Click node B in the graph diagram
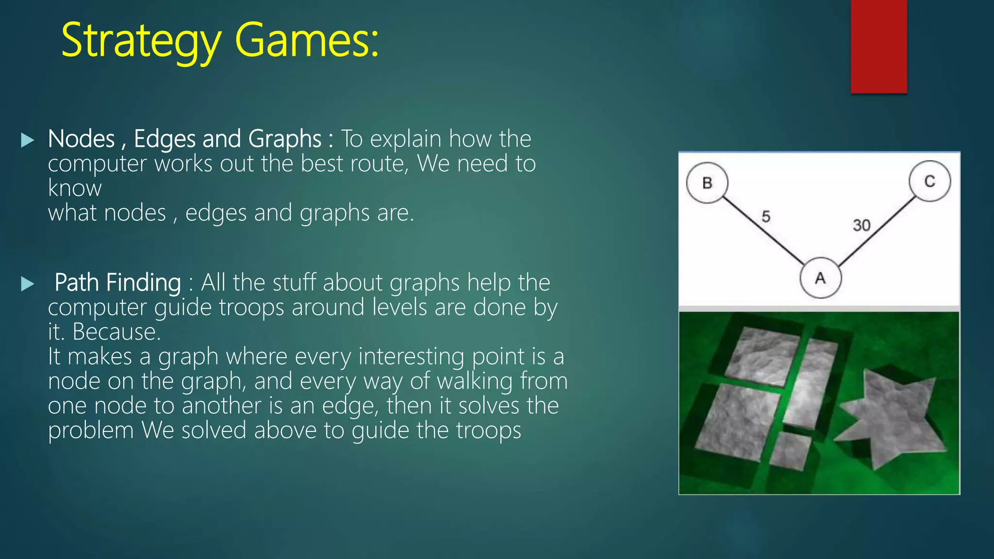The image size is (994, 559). [x=707, y=183]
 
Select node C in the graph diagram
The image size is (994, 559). [x=929, y=181]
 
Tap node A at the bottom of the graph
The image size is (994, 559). [x=820, y=278]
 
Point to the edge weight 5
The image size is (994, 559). [x=766, y=216]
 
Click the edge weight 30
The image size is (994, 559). [x=861, y=225]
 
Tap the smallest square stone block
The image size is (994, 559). [x=790, y=450]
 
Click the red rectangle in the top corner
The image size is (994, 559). [x=878, y=46]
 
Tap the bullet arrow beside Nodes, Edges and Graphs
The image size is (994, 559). [x=28, y=140]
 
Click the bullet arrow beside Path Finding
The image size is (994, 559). [x=28, y=284]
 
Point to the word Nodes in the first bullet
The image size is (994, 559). [x=81, y=139]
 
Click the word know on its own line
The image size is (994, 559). [x=75, y=188]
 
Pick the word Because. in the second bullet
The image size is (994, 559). [x=116, y=332]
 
